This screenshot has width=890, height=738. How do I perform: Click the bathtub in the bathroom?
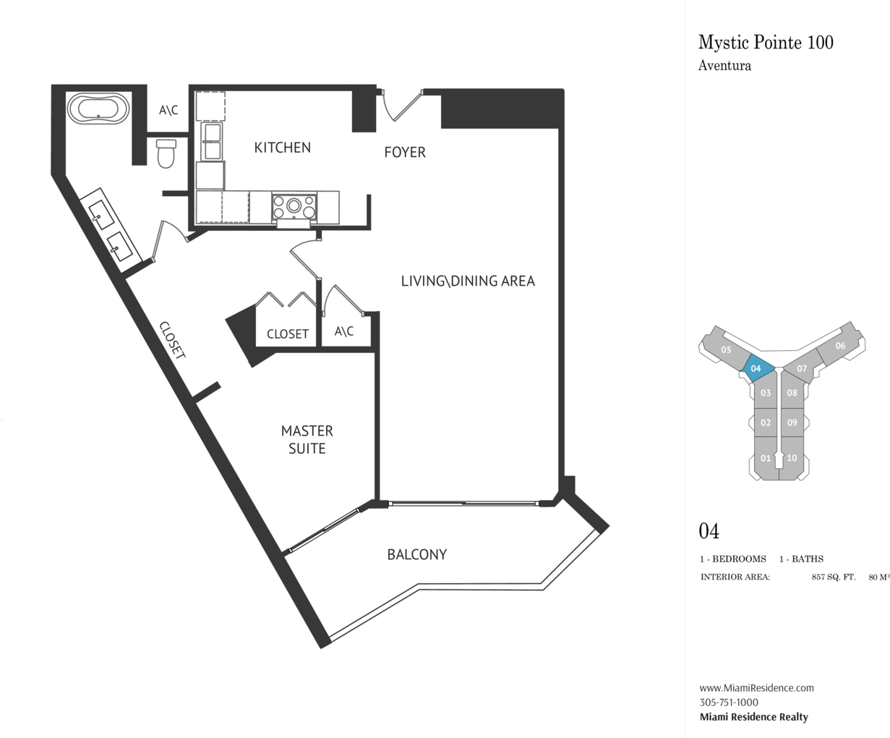tap(98, 109)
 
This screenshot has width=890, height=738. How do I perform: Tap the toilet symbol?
tap(166, 153)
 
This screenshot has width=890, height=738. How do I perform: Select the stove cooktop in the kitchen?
tap(294, 206)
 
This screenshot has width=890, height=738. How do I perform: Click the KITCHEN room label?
tap(282, 148)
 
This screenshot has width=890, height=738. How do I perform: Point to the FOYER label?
tap(404, 152)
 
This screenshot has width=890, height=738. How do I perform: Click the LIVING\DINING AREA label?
tap(468, 281)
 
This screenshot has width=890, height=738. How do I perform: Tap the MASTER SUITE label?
tap(307, 439)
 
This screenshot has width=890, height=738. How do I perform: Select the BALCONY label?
tap(417, 554)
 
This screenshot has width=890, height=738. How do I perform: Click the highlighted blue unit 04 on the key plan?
tap(757, 368)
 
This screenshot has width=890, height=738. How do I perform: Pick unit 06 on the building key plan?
tap(839, 346)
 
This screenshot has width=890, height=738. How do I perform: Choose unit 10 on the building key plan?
tap(792, 458)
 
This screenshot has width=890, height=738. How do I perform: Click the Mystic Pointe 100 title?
tap(766, 42)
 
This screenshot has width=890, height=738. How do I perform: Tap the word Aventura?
tap(724, 66)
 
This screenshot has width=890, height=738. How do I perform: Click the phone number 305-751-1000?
tap(729, 702)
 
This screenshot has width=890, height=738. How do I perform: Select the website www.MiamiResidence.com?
tap(756, 687)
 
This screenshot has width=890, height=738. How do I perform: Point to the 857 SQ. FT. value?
tap(834, 577)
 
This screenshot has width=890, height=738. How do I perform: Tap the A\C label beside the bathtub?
tap(168, 110)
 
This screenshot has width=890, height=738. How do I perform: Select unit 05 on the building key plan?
tap(726, 349)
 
